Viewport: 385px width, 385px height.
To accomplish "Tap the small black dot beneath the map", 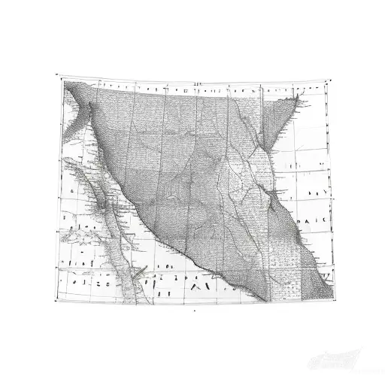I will click(x=194, y=309).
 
